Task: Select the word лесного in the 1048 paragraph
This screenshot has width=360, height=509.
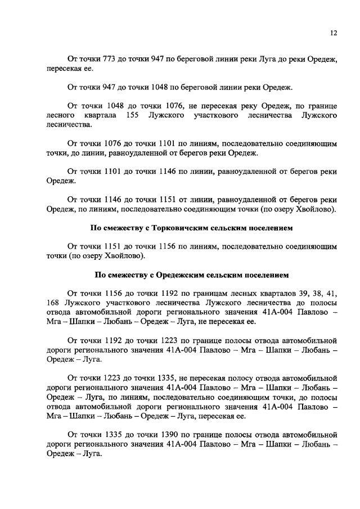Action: [x=60, y=115]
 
